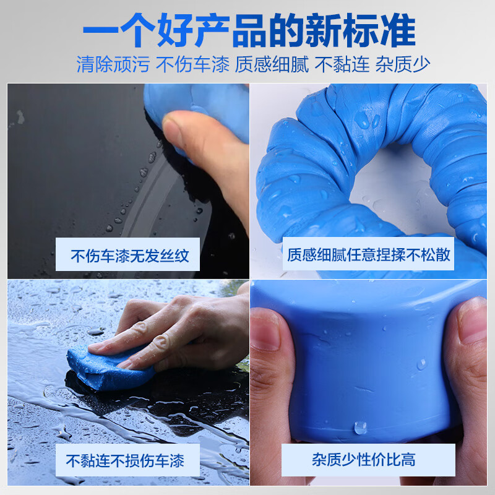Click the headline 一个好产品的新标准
[x=247, y=30]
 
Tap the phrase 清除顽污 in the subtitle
[x=113, y=64]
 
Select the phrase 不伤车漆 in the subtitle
[x=192, y=64]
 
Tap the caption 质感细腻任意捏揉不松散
[x=368, y=254]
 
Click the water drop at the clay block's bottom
[x=359, y=427]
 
